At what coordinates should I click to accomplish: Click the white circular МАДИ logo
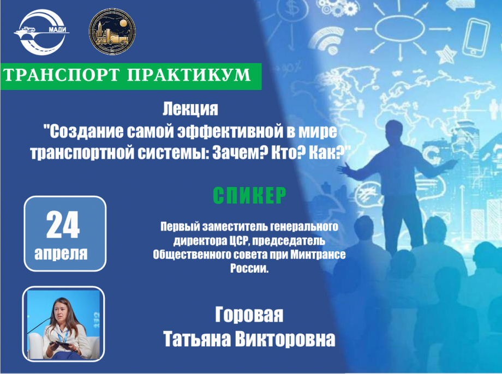(x=41, y=32)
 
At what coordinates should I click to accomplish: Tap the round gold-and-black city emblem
(x=112, y=32)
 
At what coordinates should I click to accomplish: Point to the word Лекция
(x=190, y=109)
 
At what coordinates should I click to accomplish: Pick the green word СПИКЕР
(x=249, y=195)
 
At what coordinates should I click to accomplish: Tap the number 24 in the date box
(x=63, y=225)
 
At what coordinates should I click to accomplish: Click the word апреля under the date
(x=61, y=254)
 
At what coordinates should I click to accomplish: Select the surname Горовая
(x=249, y=315)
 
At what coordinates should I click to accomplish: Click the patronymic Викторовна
(x=285, y=339)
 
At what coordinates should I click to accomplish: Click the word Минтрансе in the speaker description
(x=318, y=255)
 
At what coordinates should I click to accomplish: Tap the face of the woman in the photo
(x=62, y=310)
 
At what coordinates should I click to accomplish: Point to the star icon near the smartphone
(x=446, y=54)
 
